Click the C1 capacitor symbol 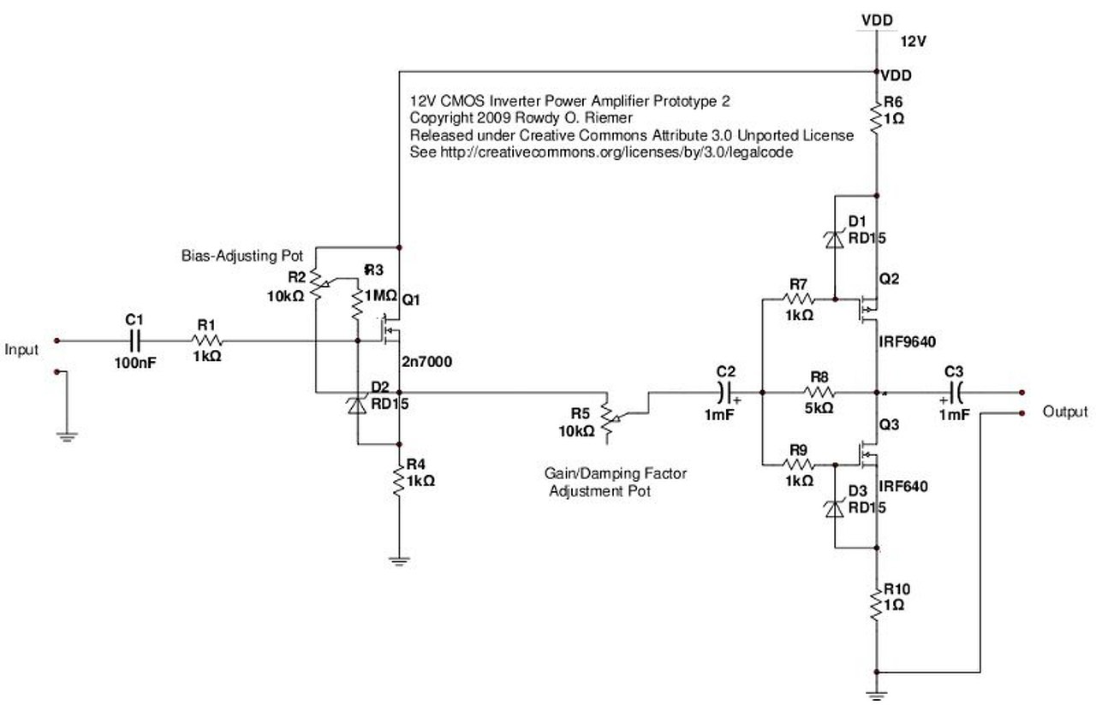click(x=134, y=341)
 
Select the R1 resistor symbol click(x=205, y=341)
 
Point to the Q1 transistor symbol click(x=391, y=328)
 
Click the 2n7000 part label click(x=426, y=362)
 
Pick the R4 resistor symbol click(x=399, y=482)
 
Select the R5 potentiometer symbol click(x=608, y=417)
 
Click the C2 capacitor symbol click(x=727, y=394)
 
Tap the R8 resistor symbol click(x=818, y=394)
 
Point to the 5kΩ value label click(x=819, y=409)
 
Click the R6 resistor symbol click(x=876, y=117)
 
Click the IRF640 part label click(x=902, y=488)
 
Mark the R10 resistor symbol click(x=876, y=604)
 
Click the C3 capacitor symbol click(x=954, y=394)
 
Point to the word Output click(x=1065, y=412)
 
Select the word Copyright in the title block click(x=441, y=117)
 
